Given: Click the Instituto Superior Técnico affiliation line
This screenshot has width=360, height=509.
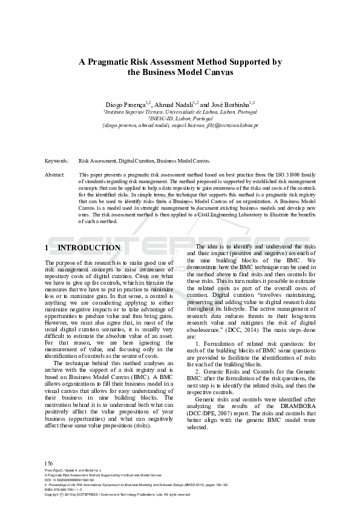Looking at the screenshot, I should click(x=180, y=112).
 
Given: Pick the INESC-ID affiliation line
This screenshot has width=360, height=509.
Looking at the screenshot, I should click(x=180, y=119).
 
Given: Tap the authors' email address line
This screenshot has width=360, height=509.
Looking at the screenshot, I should click(x=180, y=126).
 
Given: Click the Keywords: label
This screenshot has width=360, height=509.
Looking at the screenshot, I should click(x=57, y=161).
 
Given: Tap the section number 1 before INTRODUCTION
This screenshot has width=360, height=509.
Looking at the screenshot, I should click(x=47, y=248).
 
